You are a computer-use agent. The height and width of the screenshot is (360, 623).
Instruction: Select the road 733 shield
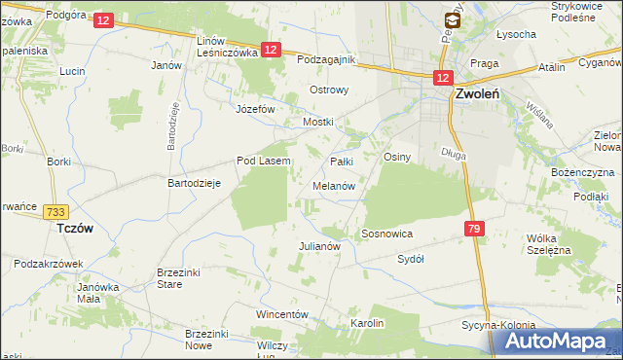(55, 212)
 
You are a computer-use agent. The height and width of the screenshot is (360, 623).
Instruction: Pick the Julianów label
(318, 246)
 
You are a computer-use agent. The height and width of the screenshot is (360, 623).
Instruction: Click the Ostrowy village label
(328, 90)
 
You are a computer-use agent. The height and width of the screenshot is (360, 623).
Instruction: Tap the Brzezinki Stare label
(184, 278)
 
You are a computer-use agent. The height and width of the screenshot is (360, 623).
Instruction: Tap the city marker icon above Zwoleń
(453, 18)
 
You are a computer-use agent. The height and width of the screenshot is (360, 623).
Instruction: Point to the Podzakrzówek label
(45, 264)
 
